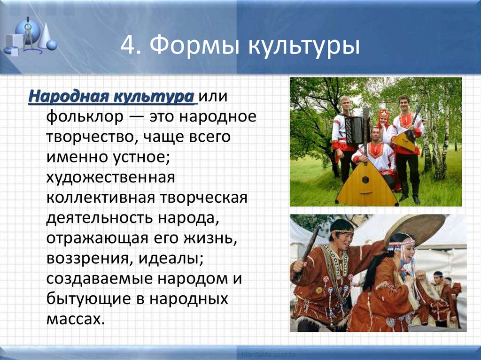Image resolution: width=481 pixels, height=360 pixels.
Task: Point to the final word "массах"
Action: pyautogui.click(x=73, y=319)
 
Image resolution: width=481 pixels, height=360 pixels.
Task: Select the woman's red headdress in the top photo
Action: pyautogui.click(x=384, y=114)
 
